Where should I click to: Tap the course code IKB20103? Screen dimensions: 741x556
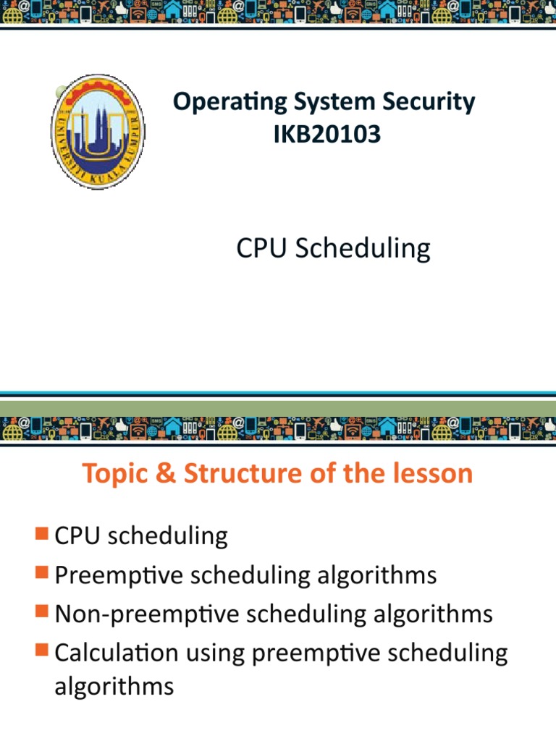coord(327,134)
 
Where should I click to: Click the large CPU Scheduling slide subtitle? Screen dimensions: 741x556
coord(333,248)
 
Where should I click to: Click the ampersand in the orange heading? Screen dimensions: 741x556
coord(169,473)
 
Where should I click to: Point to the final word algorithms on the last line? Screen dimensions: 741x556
coord(114,685)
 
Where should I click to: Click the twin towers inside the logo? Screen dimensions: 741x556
coord(98,130)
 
